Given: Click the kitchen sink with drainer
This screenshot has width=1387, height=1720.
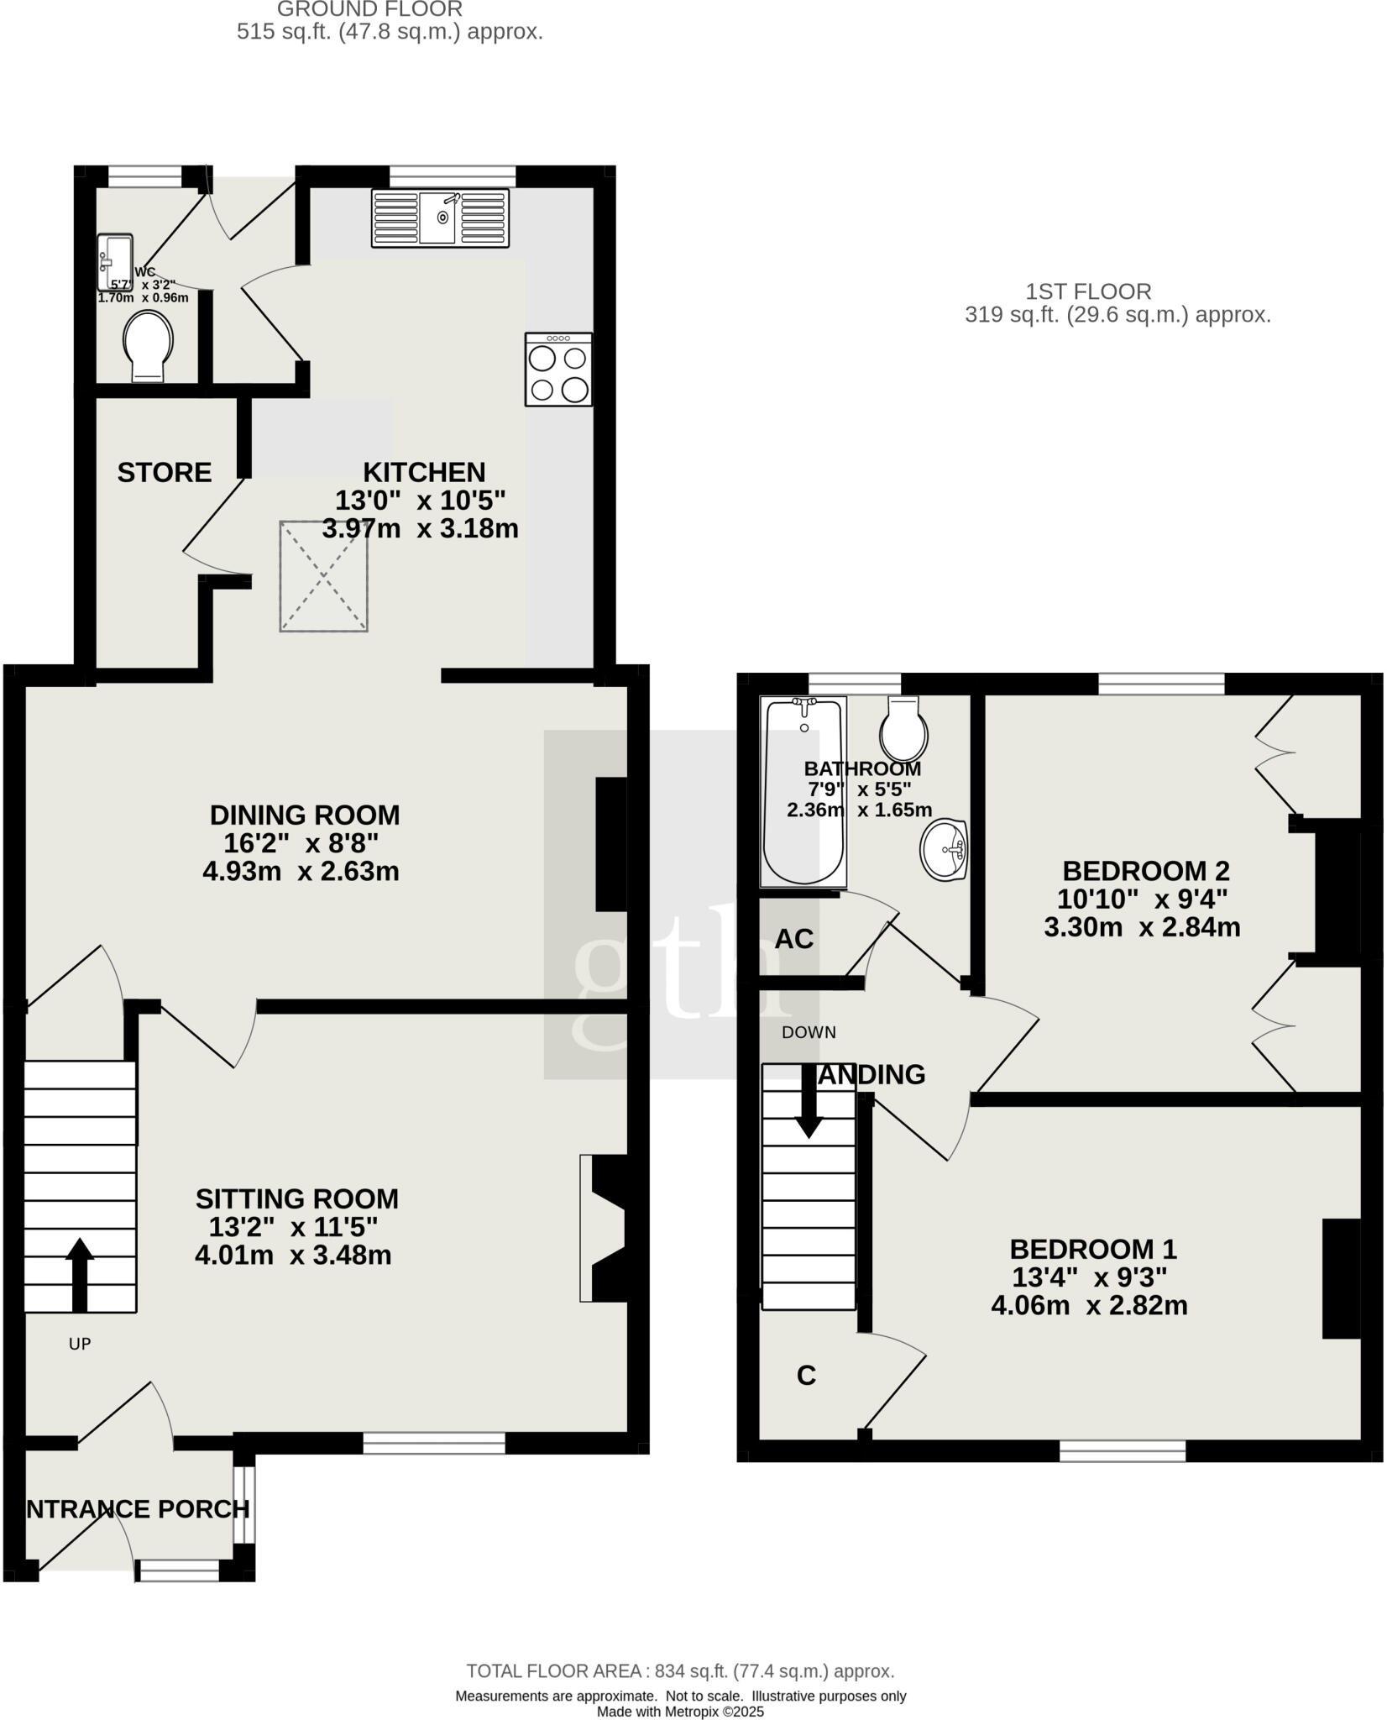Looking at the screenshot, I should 440,218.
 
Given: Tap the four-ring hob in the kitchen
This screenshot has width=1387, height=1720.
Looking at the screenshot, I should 558,370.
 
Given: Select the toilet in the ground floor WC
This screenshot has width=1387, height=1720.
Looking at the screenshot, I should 148,346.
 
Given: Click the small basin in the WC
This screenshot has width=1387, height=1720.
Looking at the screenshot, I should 115,254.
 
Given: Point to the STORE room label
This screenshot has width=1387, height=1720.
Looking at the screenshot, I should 164,473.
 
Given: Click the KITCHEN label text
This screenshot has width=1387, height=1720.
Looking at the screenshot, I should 423,472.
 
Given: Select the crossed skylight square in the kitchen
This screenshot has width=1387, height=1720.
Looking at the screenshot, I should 323,576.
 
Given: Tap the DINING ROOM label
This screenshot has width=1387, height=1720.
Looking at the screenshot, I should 304,815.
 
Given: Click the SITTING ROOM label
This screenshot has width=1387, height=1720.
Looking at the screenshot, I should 296,1198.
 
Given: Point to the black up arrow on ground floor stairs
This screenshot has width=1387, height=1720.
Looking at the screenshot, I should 80,1272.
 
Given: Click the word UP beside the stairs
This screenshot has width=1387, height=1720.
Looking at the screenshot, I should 80,1345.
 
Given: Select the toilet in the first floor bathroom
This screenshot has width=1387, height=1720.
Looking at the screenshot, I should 903,729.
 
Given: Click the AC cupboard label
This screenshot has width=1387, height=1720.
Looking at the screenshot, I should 793,939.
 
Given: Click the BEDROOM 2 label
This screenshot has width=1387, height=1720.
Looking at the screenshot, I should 1145,870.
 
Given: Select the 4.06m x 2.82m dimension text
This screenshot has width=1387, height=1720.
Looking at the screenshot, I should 1089,1306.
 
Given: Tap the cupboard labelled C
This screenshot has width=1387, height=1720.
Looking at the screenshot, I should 806,1376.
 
